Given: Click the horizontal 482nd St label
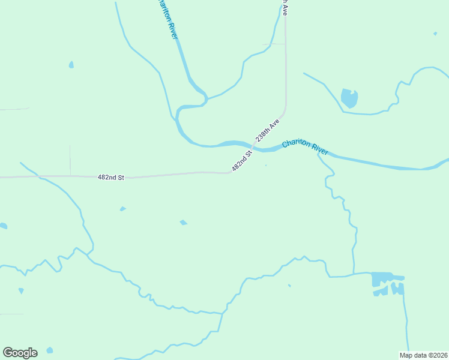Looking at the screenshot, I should [110, 178].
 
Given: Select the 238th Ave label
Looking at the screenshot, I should [268, 130].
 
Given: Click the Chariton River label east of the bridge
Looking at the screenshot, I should [305, 147].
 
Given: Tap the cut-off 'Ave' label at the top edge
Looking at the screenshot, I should [285, 6].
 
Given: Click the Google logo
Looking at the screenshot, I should [20, 353].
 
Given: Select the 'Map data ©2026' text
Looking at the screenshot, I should [423, 355].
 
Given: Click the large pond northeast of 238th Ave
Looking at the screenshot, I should [349, 98].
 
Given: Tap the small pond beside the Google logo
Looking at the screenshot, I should [49, 350].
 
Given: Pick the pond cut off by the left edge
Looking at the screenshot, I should [3, 226].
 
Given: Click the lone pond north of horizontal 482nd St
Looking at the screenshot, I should [71, 64].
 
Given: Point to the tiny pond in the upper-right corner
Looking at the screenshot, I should [435, 34].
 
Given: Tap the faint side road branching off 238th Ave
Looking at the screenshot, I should [273, 44].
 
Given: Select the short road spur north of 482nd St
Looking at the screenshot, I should [70, 160].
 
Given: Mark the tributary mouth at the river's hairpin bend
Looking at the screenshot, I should [206, 98].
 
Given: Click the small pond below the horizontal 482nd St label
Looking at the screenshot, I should [123, 209].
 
